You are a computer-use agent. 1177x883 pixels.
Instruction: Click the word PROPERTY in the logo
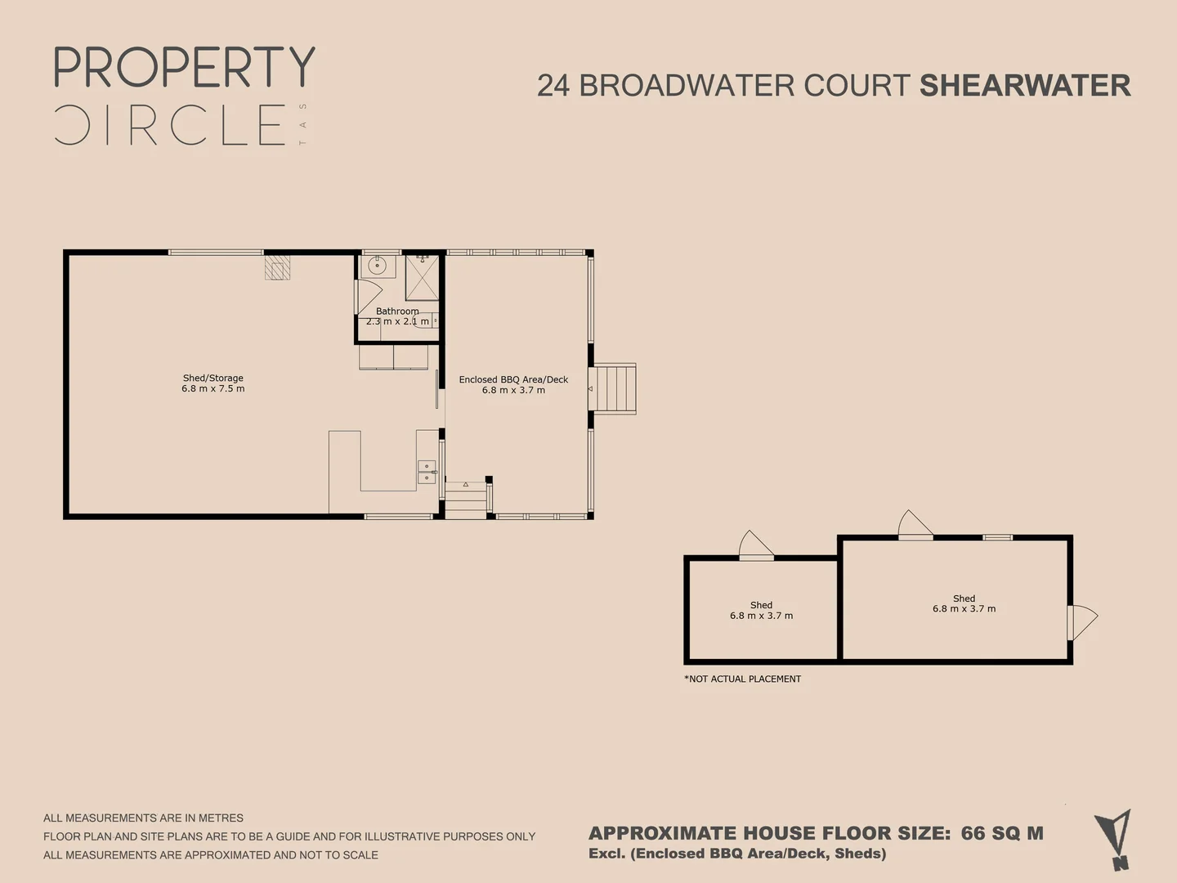(x=185, y=67)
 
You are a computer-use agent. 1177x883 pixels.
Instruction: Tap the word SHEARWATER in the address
(x=1025, y=86)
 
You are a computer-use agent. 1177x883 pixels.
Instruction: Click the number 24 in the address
(x=553, y=86)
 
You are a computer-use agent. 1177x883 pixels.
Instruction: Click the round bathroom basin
(x=378, y=266)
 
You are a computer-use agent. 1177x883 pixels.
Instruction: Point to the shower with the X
(x=422, y=278)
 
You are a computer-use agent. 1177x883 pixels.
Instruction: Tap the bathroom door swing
(x=369, y=297)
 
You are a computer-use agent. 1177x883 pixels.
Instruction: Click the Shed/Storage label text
(x=213, y=383)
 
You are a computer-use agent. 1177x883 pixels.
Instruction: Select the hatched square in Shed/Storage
(x=277, y=267)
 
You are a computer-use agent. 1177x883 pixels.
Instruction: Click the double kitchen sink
(x=427, y=472)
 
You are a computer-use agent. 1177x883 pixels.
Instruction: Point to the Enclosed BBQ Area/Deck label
(x=513, y=384)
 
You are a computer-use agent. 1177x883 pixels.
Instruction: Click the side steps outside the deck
(x=612, y=389)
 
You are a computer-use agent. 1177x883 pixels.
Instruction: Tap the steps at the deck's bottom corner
(x=466, y=500)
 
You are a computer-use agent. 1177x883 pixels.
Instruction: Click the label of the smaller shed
(x=761, y=610)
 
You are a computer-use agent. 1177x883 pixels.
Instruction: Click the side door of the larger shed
(x=1081, y=622)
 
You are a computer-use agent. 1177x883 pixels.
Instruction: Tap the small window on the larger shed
(x=997, y=537)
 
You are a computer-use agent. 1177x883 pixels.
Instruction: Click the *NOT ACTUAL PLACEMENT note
(x=743, y=679)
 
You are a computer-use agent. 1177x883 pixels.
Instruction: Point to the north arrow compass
(x=1113, y=840)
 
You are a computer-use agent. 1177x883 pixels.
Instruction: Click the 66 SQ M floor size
(x=1002, y=833)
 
